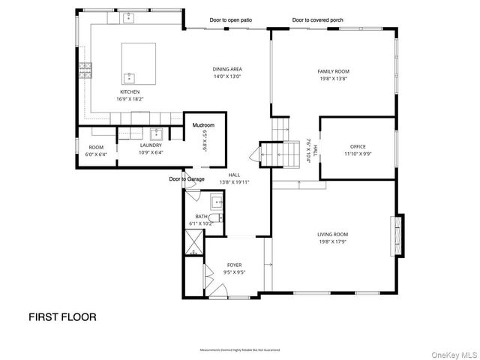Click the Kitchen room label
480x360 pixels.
128,91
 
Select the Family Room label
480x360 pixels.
333,72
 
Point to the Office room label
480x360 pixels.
357,146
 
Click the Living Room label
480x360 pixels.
332,234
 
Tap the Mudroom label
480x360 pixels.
203,124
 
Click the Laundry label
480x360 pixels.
151,145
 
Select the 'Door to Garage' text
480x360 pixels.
187,179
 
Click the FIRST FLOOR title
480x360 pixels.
62,316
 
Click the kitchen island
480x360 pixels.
139,63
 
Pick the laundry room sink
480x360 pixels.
157,134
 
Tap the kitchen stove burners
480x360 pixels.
85,71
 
